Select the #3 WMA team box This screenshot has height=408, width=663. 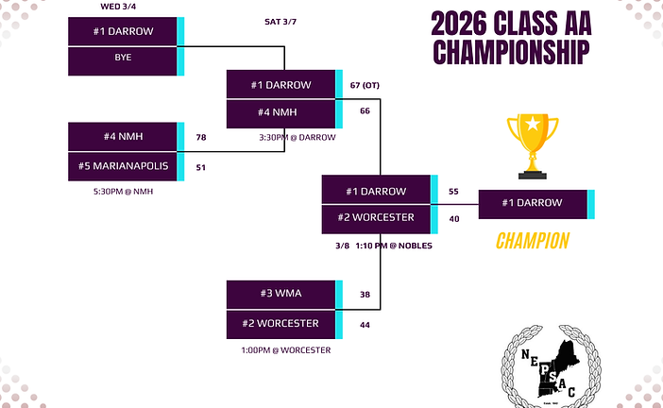pos(281,294)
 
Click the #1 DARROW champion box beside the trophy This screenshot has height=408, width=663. pos(533,203)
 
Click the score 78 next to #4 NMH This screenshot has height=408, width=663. pos(201,137)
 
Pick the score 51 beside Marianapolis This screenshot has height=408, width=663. pos(201,168)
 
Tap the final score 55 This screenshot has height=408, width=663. pos(453,191)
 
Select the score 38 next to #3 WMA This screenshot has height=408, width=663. pos(365,295)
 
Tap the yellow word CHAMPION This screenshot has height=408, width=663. pos(533,242)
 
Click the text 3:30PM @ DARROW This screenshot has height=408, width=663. pos(297,137)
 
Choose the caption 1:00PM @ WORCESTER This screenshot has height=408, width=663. pos(284,350)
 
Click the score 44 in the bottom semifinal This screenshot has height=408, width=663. pos(365,325)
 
